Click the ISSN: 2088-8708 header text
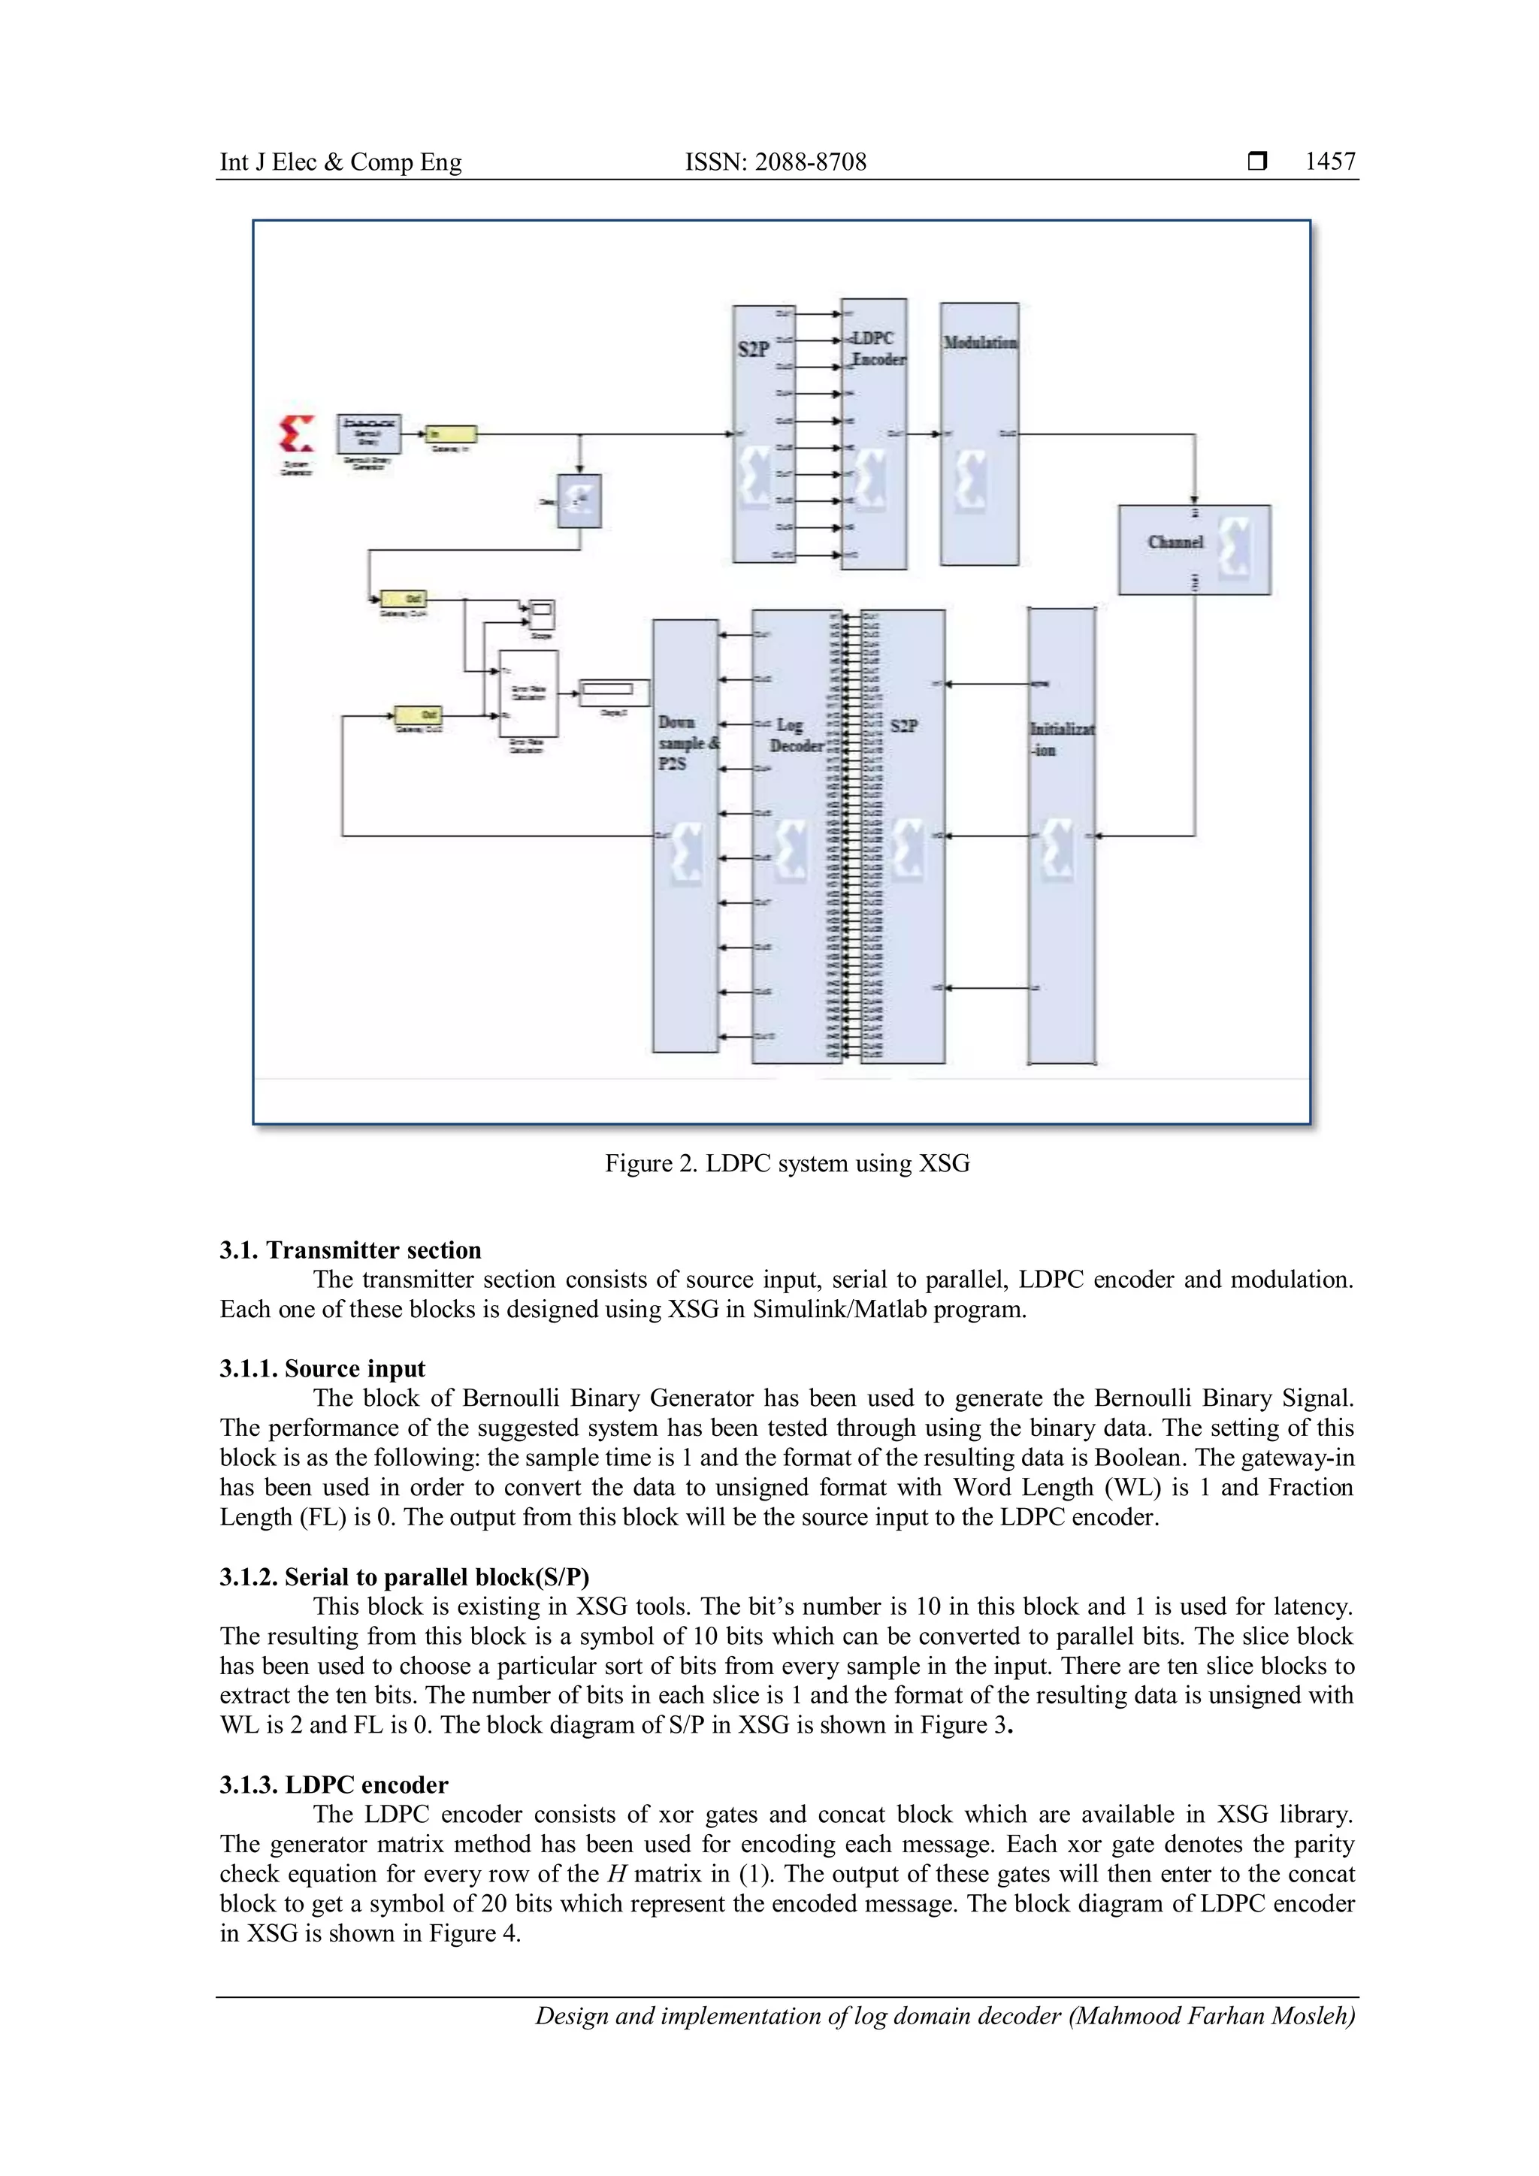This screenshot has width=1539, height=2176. (776, 162)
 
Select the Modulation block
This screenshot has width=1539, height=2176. (979, 434)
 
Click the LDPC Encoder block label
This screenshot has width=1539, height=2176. (875, 349)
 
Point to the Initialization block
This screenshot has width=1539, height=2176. (1060, 834)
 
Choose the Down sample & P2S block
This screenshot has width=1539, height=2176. (685, 834)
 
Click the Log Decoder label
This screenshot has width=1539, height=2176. (794, 736)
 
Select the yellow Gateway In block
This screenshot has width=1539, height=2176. (450, 434)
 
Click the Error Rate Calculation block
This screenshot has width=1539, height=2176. (528, 693)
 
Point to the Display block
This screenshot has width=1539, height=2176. (614, 692)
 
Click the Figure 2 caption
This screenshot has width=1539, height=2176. (787, 1163)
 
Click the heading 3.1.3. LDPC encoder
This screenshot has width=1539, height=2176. (334, 1785)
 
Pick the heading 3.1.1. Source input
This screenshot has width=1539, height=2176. (322, 1368)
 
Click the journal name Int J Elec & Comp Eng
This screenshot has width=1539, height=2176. (340, 162)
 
